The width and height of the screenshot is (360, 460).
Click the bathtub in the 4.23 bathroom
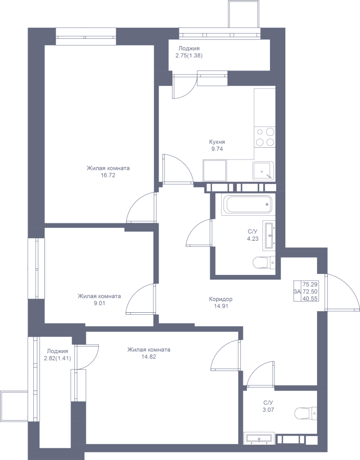point(248,204)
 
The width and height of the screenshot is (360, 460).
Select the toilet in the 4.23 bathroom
point(264,263)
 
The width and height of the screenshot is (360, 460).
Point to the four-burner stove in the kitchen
point(265,137)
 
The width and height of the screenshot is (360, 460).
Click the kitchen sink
point(263,171)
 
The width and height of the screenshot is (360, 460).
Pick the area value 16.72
point(108,175)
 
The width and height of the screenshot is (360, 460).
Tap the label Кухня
point(217,142)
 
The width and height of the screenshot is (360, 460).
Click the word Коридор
point(220,299)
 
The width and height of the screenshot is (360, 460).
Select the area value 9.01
point(99,303)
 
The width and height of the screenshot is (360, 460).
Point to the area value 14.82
point(148,357)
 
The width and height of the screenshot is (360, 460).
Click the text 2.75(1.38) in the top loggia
point(189,55)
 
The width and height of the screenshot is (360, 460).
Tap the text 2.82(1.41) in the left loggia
point(57,358)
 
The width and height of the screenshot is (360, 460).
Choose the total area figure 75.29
point(310,284)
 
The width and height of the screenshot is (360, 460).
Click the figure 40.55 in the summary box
point(310,298)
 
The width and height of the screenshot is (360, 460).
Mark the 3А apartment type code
point(297,292)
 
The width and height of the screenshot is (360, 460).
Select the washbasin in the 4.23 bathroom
point(269,235)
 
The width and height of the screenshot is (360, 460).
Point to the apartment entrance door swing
point(342,292)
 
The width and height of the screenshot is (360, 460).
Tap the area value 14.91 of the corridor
point(220,306)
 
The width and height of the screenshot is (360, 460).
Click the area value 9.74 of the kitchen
point(217,149)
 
